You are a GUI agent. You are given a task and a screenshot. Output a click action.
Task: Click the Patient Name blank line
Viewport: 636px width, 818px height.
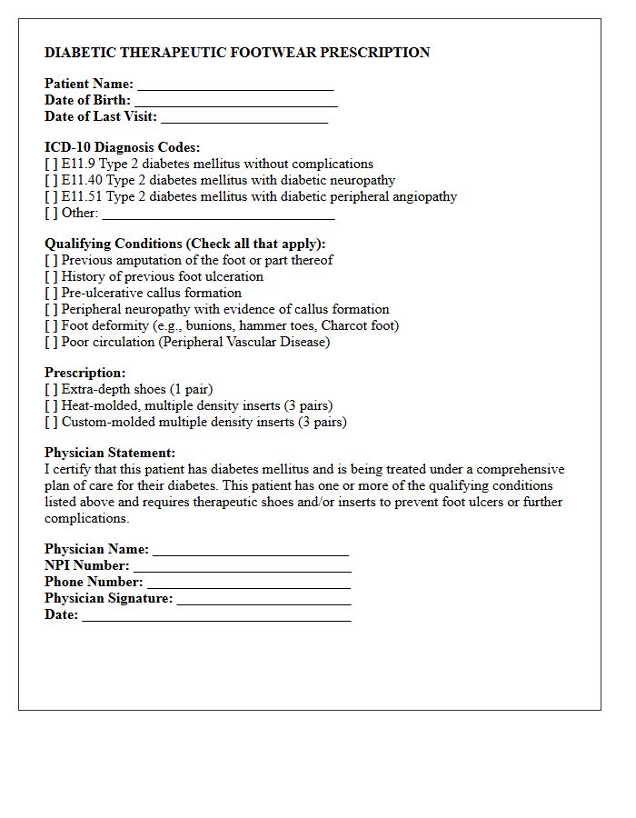[x=235, y=85]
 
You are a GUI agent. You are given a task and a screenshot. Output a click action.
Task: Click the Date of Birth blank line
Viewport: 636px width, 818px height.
[x=235, y=101]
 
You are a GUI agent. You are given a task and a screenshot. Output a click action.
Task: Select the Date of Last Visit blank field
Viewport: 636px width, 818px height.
[x=243, y=117]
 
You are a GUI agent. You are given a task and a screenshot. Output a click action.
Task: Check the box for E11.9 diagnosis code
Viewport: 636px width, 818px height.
[x=51, y=165]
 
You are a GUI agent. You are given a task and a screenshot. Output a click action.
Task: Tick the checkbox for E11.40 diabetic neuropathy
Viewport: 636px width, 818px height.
[x=51, y=181]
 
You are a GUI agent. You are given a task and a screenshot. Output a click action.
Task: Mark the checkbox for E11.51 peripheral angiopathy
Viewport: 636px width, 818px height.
[x=51, y=197]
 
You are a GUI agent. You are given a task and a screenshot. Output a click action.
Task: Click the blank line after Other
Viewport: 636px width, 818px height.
[x=218, y=214]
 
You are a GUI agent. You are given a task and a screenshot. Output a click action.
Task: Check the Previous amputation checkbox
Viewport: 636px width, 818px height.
[x=51, y=261]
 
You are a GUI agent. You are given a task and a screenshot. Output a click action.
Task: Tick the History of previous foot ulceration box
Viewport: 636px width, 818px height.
[x=51, y=277]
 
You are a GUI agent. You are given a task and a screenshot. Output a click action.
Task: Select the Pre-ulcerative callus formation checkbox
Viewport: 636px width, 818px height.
[x=51, y=294]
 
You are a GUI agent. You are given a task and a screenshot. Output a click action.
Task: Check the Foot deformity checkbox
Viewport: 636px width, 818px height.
[x=51, y=326]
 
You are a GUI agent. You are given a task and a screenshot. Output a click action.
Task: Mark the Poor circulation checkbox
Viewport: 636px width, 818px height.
[x=51, y=343]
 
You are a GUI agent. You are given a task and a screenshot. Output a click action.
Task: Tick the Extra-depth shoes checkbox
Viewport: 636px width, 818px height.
[x=51, y=390]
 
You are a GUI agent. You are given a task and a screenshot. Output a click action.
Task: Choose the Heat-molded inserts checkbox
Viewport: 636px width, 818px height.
[x=51, y=406]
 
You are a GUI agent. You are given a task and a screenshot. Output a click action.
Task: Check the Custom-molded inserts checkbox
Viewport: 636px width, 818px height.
[x=51, y=423]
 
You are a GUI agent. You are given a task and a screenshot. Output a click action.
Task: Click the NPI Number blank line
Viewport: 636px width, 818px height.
[x=242, y=566]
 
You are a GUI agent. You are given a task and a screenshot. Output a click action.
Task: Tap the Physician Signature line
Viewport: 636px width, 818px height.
[x=263, y=599]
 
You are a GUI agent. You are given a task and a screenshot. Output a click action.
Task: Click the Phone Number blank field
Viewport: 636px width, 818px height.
[x=248, y=583]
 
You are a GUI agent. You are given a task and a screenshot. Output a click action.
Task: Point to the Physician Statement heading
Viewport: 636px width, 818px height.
[x=110, y=453]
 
